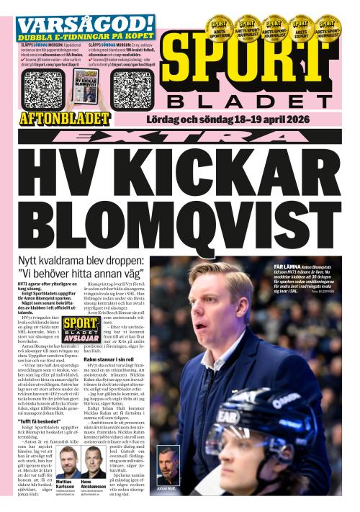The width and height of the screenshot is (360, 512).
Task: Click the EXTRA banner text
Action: click(x=180, y=136)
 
